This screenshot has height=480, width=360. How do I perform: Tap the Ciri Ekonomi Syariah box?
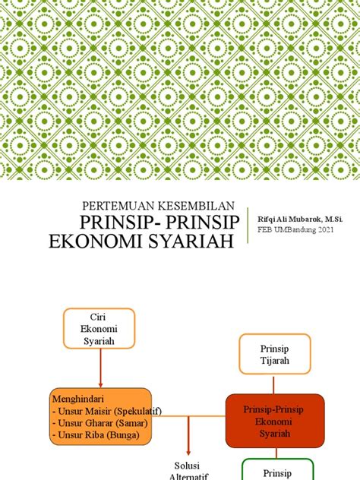point(100,328)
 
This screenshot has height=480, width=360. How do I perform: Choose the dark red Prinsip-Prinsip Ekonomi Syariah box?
point(274,420)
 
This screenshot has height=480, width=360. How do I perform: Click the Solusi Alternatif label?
point(187,469)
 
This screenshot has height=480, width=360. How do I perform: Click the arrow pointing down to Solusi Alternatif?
point(188,437)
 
